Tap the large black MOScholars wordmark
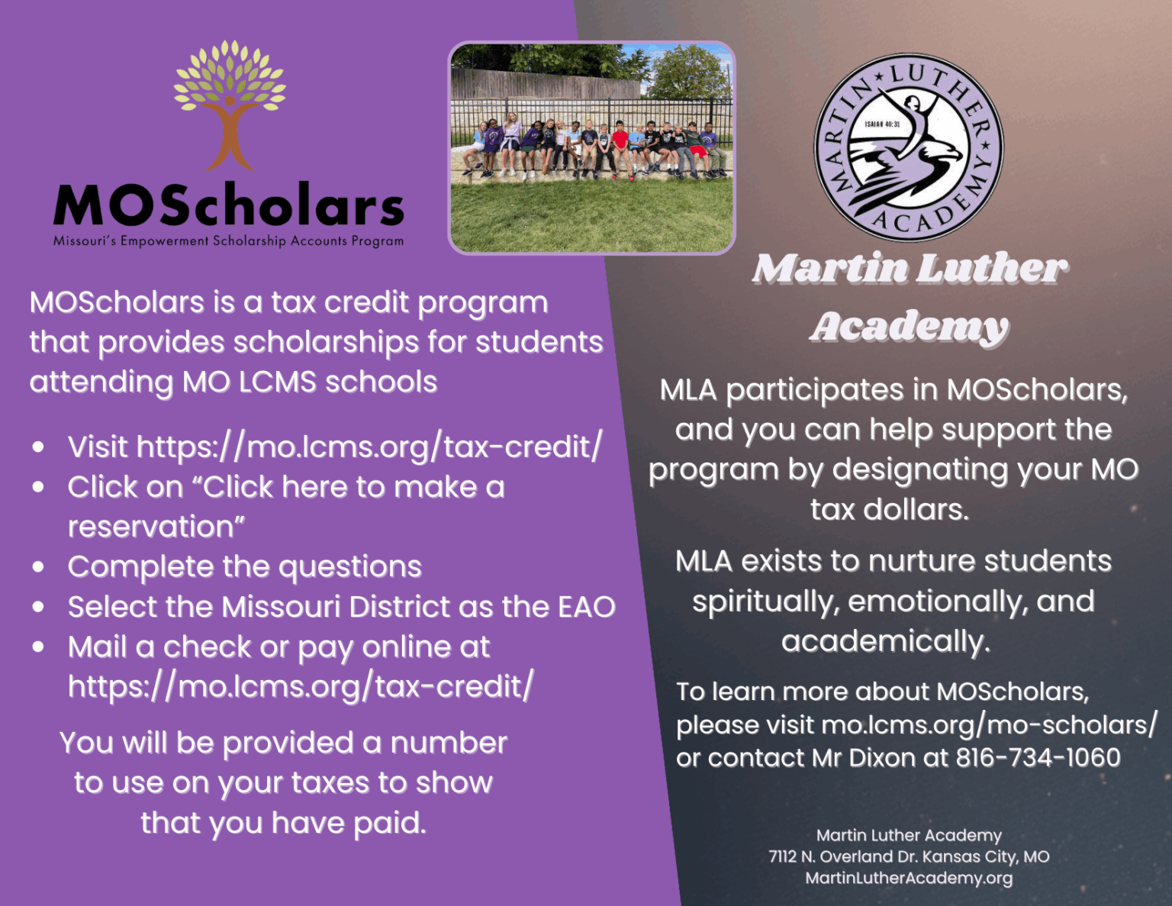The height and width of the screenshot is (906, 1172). (x=228, y=206)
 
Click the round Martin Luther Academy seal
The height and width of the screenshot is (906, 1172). (x=909, y=147)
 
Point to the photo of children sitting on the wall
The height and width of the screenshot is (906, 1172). (x=591, y=147)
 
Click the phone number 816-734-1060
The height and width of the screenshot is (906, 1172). (x=1038, y=758)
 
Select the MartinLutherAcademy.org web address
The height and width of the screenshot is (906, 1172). (x=909, y=879)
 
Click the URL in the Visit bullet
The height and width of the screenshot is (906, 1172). (x=369, y=447)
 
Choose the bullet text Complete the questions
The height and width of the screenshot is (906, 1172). (x=244, y=567)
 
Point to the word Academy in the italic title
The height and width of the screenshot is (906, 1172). (x=909, y=327)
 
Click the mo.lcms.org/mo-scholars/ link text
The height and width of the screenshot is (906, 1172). (x=989, y=724)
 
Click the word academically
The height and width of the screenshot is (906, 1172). (x=885, y=642)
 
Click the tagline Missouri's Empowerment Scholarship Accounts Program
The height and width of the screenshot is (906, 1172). (x=228, y=241)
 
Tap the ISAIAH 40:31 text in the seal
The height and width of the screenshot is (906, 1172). (x=882, y=124)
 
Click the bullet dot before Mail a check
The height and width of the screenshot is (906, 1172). (x=38, y=647)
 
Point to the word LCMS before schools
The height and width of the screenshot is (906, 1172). (x=278, y=382)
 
